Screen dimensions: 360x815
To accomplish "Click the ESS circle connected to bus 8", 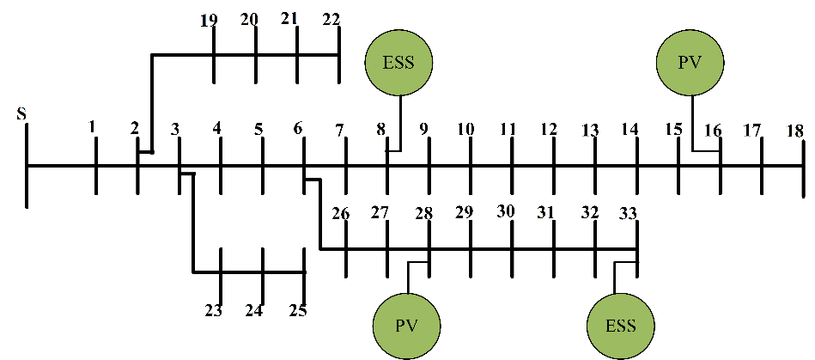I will tap(399, 63).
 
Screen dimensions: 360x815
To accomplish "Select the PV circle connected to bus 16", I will tap(690, 63).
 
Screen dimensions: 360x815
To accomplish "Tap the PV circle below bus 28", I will tap(405, 326).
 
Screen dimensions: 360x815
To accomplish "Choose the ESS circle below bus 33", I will tap(620, 326).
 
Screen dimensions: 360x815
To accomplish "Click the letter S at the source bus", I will tap(21, 114).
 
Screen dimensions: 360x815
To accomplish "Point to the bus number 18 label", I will tap(794, 131).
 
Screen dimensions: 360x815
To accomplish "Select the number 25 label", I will tap(297, 310).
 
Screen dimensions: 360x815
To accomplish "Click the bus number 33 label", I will tap(630, 212).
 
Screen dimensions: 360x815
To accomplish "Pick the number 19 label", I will tap(208, 20).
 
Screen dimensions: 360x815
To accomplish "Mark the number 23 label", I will tap(213, 310).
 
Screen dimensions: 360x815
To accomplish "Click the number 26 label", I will tap(340, 212).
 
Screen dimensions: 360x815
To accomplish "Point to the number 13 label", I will tap(589, 131).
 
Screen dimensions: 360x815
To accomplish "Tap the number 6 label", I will tap(298, 129).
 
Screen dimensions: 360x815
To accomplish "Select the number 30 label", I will tap(506, 211).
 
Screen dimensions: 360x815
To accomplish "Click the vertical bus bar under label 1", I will tap(94, 165).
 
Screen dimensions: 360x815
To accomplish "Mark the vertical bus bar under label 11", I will tap(512, 165).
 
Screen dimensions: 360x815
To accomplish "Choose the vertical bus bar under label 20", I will tap(256, 56).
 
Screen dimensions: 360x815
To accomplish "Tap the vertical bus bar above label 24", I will tap(263, 273).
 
